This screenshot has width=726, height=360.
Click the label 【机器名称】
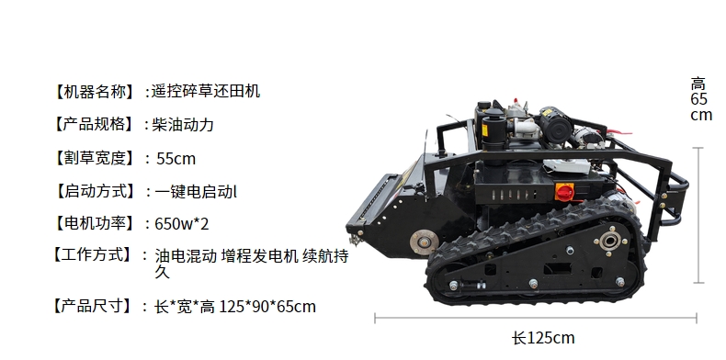[x=95, y=92]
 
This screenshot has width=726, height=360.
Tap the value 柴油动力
[x=183, y=125]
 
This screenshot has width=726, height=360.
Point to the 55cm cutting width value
[x=176, y=159]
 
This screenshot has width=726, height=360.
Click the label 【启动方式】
[x=95, y=191]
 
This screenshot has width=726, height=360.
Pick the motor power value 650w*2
[x=182, y=224]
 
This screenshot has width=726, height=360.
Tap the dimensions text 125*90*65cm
[x=267, y=307]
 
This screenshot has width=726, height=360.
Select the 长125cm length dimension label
[x=543, y=338]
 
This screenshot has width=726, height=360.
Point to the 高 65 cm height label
[x=701, y=99]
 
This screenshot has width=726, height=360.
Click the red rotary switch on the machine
[x=564, y=192]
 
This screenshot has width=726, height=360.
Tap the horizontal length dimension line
[x=536, y=318]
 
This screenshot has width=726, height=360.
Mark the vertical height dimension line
[x=698, y=215]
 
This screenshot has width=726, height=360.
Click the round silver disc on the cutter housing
[x=424, y=242]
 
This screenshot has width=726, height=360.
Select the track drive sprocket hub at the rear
[x=610, y=241]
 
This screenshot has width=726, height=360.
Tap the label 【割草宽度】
[x=95, y=158]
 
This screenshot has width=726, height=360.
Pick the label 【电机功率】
[x=95, y=223]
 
